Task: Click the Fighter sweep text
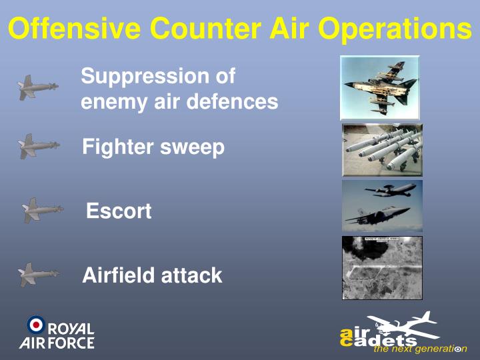[x=153, y=147]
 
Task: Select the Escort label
[x=119, y=211]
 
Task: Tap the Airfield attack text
[x=152, y=275]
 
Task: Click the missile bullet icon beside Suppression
[x=37, y=87]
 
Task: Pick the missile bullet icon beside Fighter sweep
[x=38, y=146]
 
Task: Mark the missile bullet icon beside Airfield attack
[x=38, y=274]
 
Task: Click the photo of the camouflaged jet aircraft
[x=379, y=87]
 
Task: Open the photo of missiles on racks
[x=382, y=149]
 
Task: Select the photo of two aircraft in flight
[x=382, y=205]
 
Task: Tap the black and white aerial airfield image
[x=382, y=267]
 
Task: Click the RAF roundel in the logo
[x=36, y=325]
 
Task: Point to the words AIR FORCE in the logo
[x=57, y=343]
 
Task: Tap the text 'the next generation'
[x=420, y=349]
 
